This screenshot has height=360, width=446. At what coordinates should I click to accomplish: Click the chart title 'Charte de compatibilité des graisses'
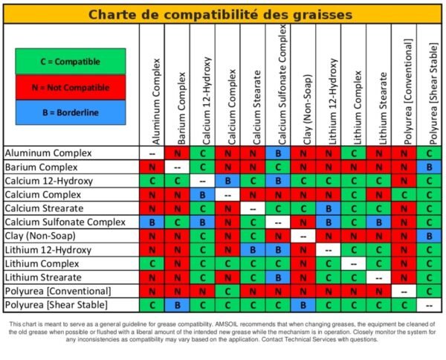[220, 14]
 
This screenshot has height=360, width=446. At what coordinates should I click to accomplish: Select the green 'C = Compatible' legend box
[71, 61]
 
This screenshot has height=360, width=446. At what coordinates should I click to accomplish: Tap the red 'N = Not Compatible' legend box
[71, 87]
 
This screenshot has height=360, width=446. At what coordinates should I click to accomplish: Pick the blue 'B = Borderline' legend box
[71, 112]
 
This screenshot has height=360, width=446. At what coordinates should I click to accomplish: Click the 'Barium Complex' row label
[41, 167]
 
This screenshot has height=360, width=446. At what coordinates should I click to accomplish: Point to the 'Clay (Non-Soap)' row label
[40, 236]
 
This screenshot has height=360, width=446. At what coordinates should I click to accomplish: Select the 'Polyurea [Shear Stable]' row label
[56, 305]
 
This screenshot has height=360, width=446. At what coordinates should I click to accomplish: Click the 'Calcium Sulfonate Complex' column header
[281, 85]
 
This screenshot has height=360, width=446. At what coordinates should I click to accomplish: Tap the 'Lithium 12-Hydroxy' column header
[332, 102]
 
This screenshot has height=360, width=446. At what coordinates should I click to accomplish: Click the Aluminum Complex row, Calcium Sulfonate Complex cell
[278, 153]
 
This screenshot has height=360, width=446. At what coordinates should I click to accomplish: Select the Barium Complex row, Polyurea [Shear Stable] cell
[429, 167]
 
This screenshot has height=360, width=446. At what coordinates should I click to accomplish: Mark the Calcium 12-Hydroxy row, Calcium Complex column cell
[227, 181]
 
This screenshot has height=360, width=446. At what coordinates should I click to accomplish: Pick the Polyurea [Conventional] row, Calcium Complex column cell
[227, 291]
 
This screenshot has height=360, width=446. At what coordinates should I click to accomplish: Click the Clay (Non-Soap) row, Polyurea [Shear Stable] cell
[429, 236]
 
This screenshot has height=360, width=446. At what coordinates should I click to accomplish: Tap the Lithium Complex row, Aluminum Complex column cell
[152, 263]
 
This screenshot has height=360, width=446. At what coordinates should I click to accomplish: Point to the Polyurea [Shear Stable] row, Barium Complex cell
[177, 305]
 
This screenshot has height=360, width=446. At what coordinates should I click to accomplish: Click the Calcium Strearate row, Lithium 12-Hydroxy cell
[329, 208]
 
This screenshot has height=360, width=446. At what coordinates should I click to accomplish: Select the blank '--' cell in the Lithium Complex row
[354, 263]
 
